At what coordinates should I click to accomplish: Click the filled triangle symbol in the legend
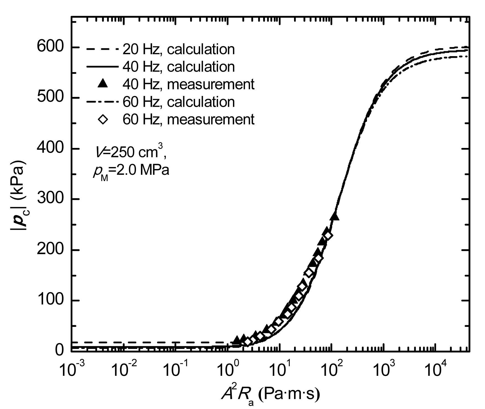pyautogui.click(x=103, y=84)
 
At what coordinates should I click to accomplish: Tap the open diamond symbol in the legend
pyautogui.click(x=103, y=119)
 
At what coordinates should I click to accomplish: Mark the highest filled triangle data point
pyautogui.click(x=335, y=217)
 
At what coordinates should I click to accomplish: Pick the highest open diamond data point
pyautogui.click(x=328, y=236)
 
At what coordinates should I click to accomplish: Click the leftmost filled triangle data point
pyautogui.click(x=237, y=340)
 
